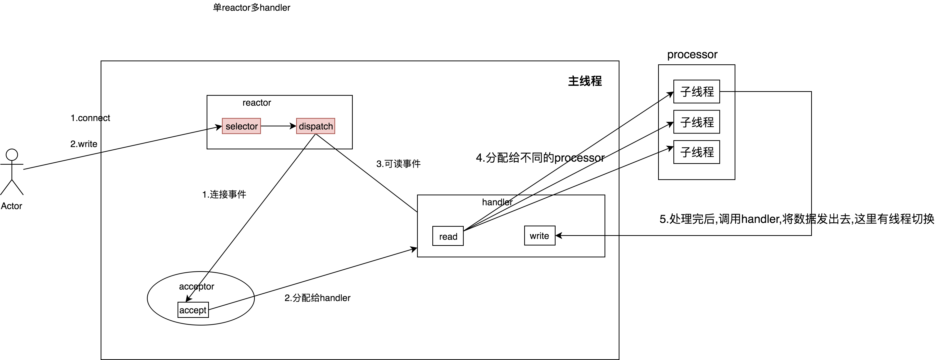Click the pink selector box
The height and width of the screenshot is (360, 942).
241,126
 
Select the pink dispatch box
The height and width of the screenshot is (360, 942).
316,126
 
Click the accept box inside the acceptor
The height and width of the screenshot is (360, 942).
193,310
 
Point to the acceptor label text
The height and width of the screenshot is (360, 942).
196,286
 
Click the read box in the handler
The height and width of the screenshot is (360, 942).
448,236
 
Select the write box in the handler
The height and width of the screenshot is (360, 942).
539,236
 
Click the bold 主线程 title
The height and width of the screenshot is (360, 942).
585,81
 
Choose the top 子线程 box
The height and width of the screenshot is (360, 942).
697,91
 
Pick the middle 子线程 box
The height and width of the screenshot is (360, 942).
697,122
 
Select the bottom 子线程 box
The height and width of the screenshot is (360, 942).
697,152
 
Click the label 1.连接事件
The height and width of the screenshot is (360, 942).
224,194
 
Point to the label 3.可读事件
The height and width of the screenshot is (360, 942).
398,164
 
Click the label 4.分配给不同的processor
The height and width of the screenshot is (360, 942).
540,158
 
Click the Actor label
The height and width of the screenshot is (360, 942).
11,206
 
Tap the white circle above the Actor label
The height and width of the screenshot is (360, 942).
12,155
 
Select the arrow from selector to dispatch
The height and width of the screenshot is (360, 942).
278,126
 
